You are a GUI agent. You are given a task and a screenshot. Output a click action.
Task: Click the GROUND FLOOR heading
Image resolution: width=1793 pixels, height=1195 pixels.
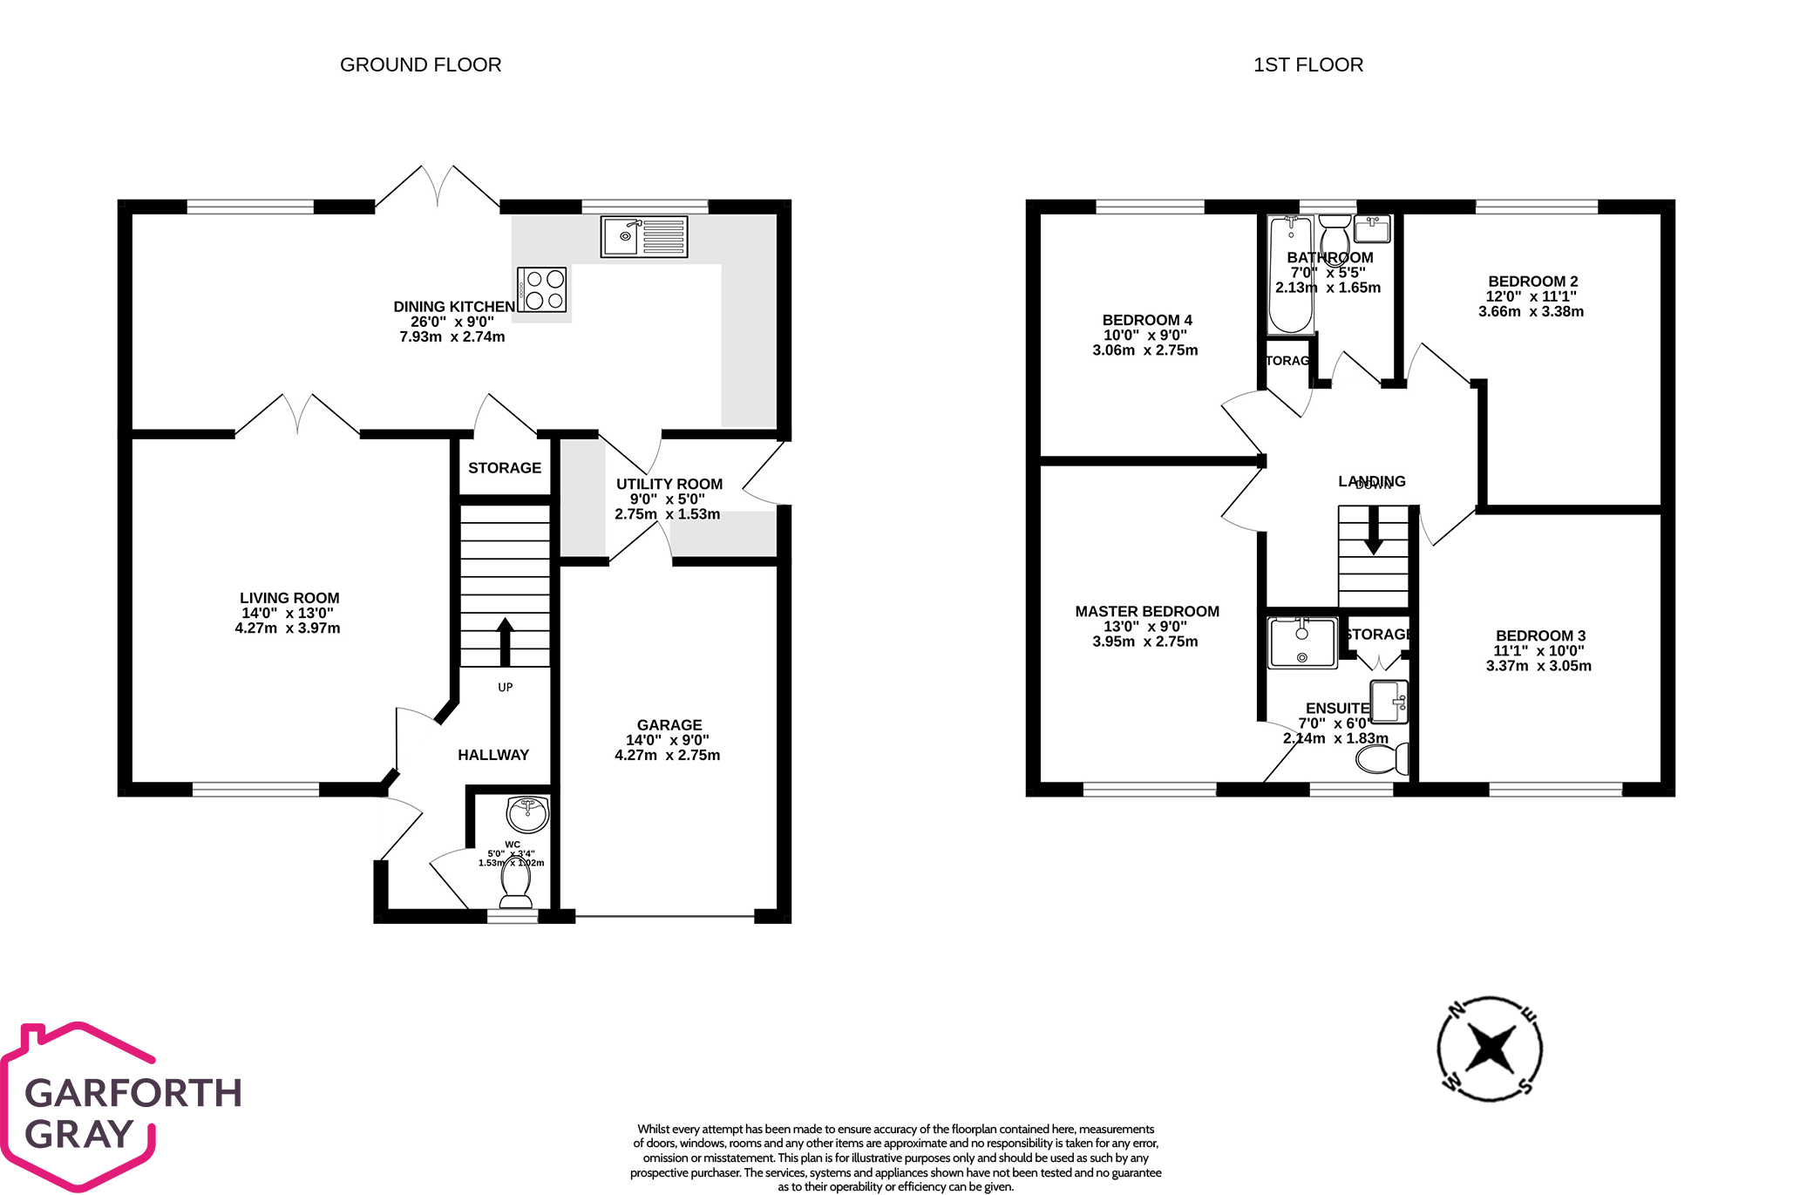coord(420,65)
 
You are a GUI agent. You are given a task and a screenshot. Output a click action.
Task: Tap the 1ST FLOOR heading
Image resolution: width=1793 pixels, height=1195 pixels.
coord(1307,65)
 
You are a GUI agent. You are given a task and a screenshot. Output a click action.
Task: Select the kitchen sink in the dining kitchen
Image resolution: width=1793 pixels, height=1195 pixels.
coord(644,236)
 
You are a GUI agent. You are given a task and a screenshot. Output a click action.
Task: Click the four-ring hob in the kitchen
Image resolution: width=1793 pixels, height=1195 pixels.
coord(542,290)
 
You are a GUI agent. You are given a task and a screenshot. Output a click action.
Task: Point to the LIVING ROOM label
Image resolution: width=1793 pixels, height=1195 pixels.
coord(289,598)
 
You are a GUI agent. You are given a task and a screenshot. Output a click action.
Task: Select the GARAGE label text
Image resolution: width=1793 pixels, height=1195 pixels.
coord(669,725)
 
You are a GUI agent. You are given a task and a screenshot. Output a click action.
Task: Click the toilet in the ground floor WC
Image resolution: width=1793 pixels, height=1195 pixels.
coord(516,889)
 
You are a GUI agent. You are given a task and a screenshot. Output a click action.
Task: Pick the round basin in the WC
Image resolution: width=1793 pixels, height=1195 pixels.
coord(527,815)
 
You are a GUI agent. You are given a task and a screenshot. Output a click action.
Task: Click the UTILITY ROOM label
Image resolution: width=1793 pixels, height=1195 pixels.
coord(669,485)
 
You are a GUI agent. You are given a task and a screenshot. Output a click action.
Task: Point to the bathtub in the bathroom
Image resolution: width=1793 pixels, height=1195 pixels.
coord(1291,275)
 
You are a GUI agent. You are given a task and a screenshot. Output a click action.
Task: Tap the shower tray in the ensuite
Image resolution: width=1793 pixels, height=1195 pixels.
coord(1302,643)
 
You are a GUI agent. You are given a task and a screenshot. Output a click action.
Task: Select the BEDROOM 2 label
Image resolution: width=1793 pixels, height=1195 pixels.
coord(1532,282)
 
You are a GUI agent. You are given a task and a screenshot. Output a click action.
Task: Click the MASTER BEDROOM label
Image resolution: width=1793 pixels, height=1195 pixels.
coord(1146,612)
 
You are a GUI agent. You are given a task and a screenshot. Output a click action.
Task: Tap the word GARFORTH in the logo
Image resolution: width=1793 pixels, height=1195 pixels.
coord(133,1093)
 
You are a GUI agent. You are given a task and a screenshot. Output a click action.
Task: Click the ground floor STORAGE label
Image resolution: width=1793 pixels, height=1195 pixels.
coord(505,468)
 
